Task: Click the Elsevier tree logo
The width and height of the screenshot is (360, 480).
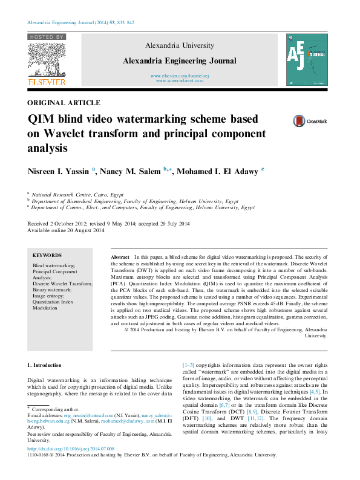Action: pos(46,59)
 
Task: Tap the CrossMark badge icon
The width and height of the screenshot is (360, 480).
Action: pos(301,122)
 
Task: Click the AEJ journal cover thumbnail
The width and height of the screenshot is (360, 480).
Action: pos(306,60)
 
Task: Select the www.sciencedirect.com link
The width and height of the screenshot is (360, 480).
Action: pos(180,80)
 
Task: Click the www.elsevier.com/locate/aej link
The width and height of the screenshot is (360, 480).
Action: pos(180,76)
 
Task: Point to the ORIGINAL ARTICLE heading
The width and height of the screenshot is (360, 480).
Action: pos(64,103)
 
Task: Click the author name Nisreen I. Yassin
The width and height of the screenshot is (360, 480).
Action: pos(58,172)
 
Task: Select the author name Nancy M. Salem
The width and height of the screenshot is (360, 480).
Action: pos(129,172)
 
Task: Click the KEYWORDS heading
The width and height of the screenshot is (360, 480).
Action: pos(47,256)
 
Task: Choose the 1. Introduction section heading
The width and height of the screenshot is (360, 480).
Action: pos(45,365)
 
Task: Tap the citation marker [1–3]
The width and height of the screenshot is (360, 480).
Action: pos(189,365)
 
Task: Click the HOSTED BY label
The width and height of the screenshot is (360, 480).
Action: pos(47,37)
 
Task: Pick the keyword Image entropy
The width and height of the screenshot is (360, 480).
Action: pos(48,296)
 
